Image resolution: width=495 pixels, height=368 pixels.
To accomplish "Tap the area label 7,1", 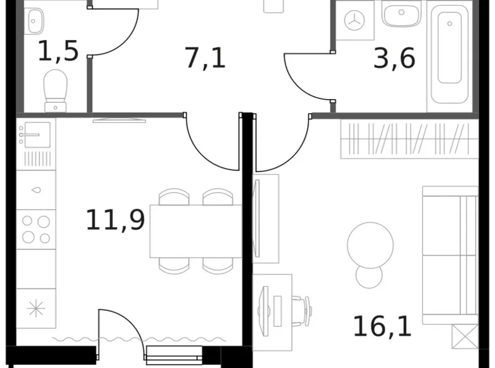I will [205, 58].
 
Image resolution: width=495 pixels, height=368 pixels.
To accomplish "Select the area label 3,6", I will [394, 58].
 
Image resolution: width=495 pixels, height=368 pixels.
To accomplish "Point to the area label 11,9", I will [115, 220].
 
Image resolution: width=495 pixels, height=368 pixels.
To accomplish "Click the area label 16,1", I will [382, 327].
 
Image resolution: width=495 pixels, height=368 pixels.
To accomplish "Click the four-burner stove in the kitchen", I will [36, 229].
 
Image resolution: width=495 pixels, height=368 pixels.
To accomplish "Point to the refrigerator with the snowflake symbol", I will [36, 308].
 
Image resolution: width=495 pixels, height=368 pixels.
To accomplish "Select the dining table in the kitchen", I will [195, 231].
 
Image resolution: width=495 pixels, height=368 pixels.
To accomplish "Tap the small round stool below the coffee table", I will [368, 277].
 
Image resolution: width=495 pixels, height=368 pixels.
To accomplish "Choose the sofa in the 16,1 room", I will [450, 254].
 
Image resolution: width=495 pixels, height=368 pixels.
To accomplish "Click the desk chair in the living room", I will [300, 310].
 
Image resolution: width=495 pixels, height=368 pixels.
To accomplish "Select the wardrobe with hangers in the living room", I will [409, 139].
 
